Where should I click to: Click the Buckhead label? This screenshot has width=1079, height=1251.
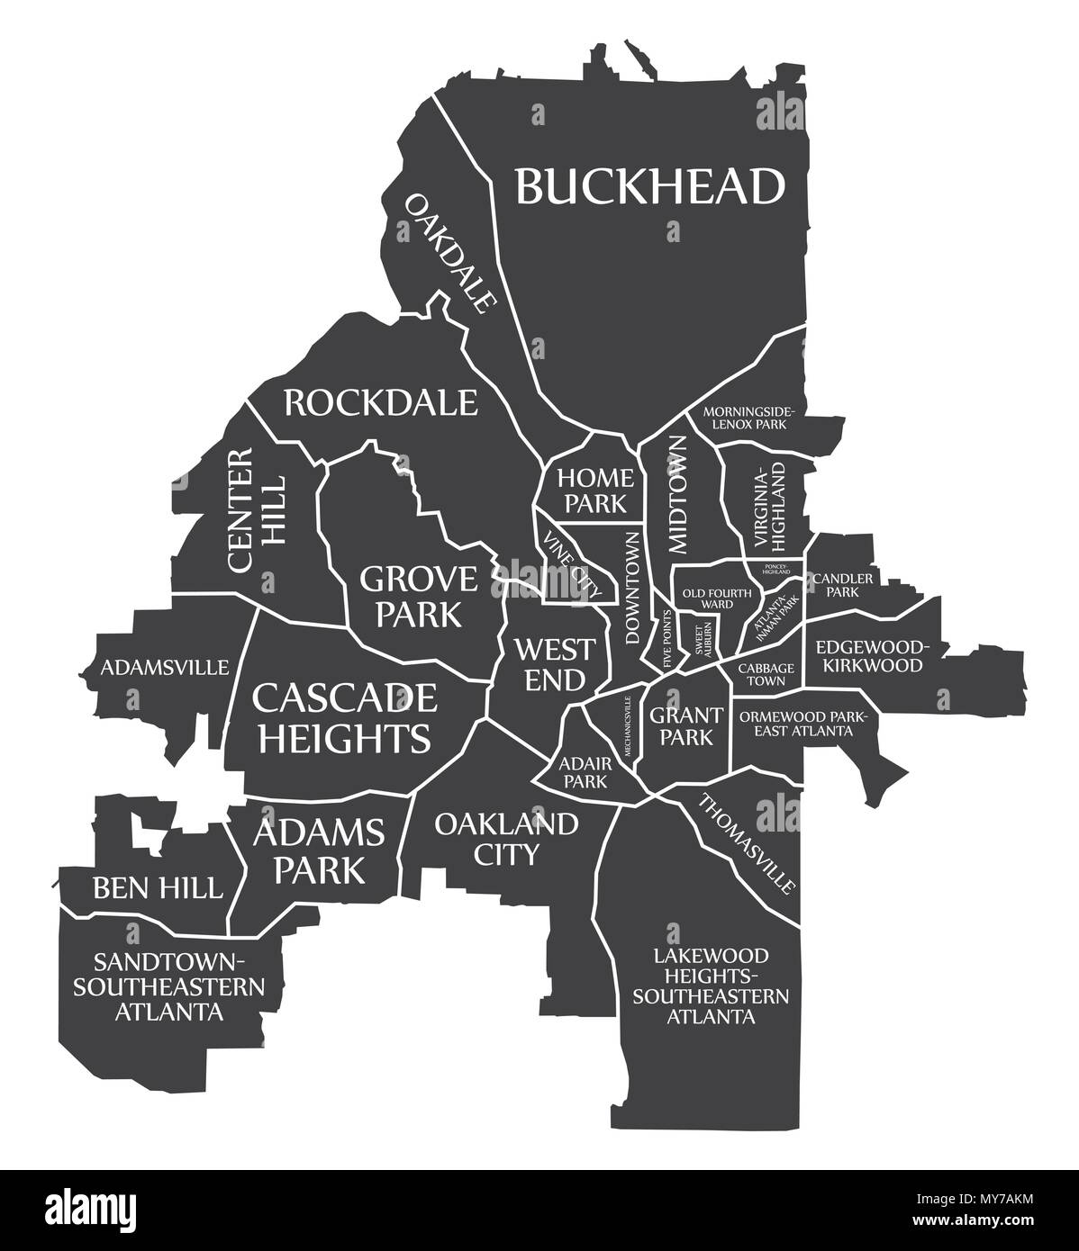pos(650,186)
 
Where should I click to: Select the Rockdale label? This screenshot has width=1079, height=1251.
pos(380,402)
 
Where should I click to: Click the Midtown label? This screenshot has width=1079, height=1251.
pos(678,493)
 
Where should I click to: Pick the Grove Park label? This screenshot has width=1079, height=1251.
pos(419,595)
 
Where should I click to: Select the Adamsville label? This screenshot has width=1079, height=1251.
pos(165,667)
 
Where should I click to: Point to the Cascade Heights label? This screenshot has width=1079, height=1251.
pos(344,716)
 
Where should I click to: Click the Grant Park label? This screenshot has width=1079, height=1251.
pos(685,725)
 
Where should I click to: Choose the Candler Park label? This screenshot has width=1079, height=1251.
pos(842,585)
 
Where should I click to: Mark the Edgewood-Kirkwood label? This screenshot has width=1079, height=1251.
pos(869,656)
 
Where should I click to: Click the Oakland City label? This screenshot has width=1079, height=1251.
pos(505,837)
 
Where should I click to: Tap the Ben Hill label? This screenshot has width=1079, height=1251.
pos(157,888)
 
